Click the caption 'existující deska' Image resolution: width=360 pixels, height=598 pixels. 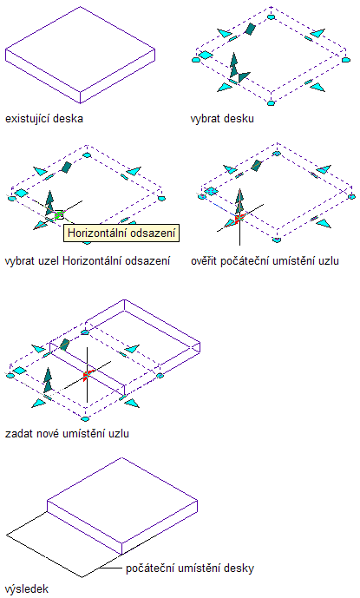44,118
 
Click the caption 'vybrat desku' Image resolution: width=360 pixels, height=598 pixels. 222,118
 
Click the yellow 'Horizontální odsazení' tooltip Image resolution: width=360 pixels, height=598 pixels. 121,233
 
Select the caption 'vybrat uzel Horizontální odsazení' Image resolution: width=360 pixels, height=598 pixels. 88,261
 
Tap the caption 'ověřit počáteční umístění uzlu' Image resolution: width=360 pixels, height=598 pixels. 265,261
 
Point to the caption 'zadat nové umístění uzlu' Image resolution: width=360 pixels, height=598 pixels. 67,434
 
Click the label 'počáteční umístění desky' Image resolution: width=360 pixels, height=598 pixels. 190,568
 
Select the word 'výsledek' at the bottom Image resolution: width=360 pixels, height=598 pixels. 27,588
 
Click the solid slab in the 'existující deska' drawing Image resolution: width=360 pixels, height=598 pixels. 80,56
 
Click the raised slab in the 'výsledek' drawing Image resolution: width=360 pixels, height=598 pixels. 122,506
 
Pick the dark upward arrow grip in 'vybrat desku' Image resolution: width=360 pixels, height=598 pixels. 233,64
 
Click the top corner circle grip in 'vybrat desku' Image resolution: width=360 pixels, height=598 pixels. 272,16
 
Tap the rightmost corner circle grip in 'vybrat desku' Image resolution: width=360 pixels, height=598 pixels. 345,60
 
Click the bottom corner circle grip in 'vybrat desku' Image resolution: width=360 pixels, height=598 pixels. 272,103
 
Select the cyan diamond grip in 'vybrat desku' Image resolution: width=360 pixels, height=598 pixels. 206,56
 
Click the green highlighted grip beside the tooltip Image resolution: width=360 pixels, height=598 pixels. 59,215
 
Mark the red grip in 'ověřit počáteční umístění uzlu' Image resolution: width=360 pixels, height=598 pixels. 239,219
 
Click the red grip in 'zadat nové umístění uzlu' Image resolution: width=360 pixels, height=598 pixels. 87,375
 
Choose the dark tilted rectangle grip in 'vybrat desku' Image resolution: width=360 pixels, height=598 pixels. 250,29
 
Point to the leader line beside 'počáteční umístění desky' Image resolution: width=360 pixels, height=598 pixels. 111,568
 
